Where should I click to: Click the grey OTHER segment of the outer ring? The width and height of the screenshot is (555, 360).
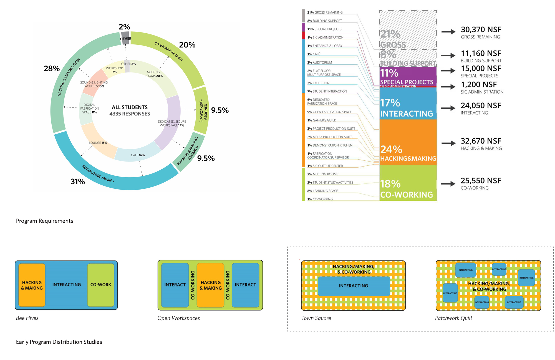coord(125,38)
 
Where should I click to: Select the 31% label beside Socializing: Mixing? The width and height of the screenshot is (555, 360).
coord(78,182)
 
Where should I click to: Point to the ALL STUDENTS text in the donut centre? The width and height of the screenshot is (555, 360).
coord(130,107)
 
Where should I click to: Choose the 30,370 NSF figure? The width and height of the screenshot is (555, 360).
coord(481,30)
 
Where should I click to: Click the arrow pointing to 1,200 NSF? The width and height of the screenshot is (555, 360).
coord(448,87)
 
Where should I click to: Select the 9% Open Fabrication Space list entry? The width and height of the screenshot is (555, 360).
coord(329,112)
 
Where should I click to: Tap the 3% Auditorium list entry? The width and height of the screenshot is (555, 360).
coord(319,62)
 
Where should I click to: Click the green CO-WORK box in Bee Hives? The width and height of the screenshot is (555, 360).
coord(101,285)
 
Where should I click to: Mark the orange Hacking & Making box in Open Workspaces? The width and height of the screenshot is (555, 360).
coord(211,285)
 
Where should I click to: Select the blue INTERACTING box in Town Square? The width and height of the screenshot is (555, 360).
coord(354,286)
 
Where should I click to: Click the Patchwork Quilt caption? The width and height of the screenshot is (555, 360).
coord(453,318)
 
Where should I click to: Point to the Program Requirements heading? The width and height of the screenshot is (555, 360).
coord(45,221)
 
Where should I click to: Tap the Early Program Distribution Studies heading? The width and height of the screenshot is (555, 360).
coord(59,342)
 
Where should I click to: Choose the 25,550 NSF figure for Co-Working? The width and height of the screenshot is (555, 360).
coord(481,181)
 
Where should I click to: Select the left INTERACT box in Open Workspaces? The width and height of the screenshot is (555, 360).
coord(175,285)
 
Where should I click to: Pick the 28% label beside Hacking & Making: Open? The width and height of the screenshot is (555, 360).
coord(52,69)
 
